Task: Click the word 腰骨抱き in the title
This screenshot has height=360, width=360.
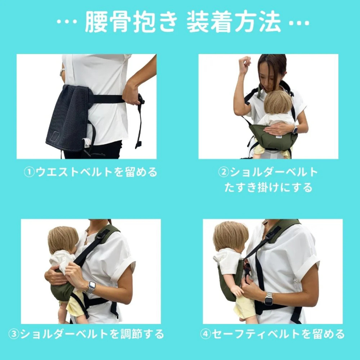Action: click(131, 23)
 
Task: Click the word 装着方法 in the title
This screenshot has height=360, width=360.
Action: click(234, 23)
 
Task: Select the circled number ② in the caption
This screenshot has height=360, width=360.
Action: click(222, 172)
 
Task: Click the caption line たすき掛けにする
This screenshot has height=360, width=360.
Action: click(268, 187)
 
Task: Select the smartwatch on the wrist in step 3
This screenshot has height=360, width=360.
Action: click(91, 287)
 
